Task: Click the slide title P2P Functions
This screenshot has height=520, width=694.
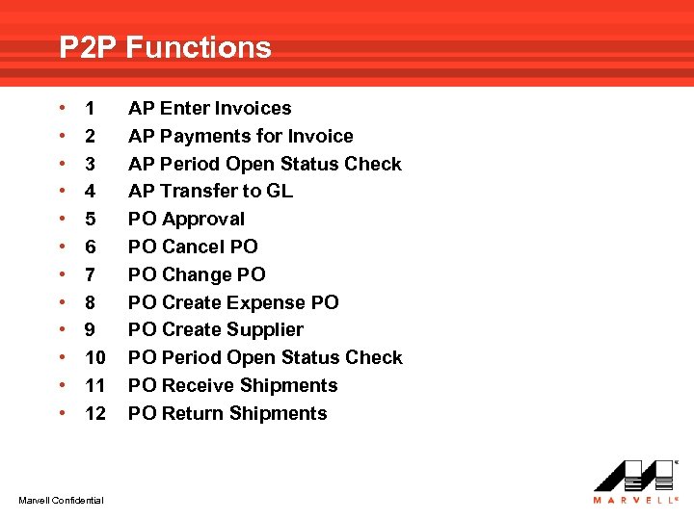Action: (165, 47)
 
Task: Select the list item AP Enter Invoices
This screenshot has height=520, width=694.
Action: (209, 108)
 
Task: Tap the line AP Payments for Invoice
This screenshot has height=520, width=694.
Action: (240, 136)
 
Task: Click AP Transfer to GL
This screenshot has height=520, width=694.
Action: (210, 191)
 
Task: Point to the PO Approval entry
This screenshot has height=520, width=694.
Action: (186, 219)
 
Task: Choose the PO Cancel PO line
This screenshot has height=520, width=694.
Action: (193, 247)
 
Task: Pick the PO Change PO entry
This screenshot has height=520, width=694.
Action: (197, 274)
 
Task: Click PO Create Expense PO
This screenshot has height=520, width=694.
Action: (233, 302)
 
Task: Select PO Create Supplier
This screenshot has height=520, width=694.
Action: (215, 329)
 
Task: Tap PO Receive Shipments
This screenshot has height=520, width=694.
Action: (232, 385)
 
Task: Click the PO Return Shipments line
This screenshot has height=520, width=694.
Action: (227, 413)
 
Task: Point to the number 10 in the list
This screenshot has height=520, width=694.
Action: (95, 357)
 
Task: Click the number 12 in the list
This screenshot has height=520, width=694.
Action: (95, 413)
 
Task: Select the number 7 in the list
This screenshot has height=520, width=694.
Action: (90, 274)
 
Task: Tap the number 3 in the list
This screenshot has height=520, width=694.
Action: (90, 164)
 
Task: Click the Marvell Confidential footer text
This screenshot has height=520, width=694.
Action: (62, 498)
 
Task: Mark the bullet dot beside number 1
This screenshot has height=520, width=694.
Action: (62, 108)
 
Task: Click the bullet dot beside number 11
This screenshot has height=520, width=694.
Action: (62, 385)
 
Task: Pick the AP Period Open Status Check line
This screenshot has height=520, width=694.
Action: (264, 164)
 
